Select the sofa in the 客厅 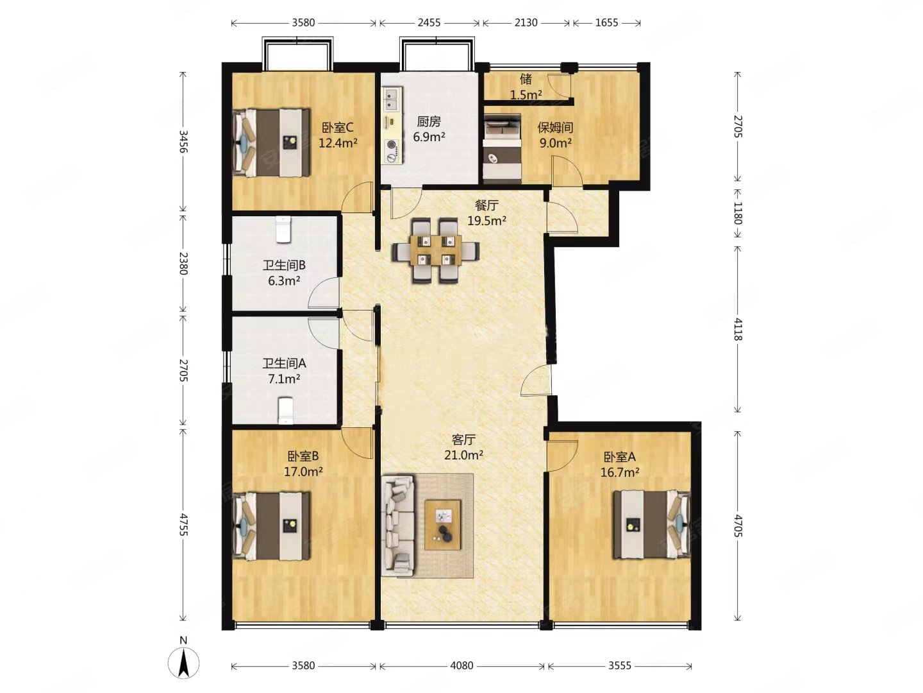coord(397,525)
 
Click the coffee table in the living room coord(442,525)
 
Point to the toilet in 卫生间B coord(283,229)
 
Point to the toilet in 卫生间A coord(285,409)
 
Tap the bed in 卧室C coord(272,142)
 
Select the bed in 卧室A coord(651,524)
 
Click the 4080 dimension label coord(462,665)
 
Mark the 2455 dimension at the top coord(429,22)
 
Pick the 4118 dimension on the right coord(738,329)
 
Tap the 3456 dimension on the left coord(183,141)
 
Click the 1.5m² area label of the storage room coord(526,95)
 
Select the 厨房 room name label coord(429,122)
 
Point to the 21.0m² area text coord(463,455)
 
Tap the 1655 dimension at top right coord(606,22)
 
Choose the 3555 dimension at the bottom coord(619,665)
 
